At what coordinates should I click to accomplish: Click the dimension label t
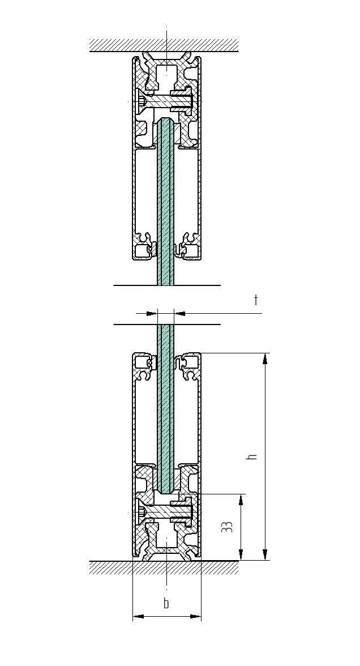coord(256,300)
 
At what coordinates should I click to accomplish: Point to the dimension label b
coord(166,604)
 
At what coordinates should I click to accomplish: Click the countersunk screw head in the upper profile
coord(142,101)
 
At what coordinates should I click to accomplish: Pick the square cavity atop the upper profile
coord(166,74)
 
